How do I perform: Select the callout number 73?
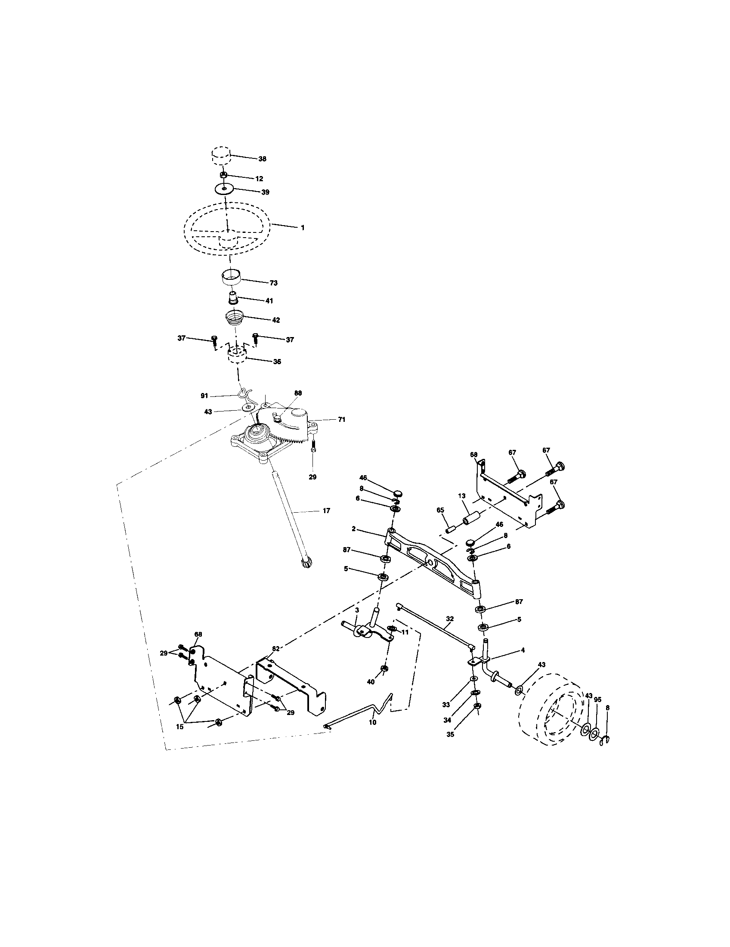pos(273,283)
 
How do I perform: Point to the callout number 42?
pos(276,320)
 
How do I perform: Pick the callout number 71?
pos(342,419)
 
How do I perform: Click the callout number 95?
pos(597,699)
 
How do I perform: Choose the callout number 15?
pos(179,727)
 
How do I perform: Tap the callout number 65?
pos(440,511)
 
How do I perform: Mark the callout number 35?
pos(450,734)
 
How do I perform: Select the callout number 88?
pos(298,393)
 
